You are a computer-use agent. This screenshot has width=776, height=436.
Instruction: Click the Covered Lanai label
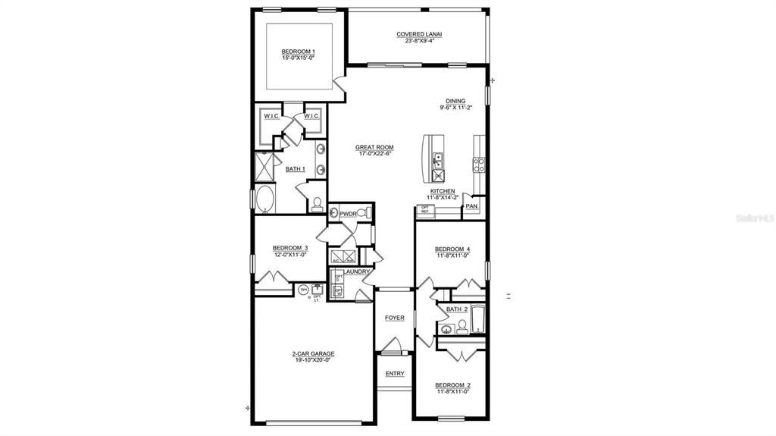click(x=419, y=34)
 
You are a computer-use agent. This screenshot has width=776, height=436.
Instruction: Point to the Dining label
click(x=455, y=101)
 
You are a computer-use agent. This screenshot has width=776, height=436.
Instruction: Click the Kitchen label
click(x=443, y=191)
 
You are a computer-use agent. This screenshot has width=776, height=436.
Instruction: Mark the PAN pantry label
click(x=471, y=205)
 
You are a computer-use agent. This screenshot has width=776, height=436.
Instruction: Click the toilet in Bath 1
click(x=318, y=203)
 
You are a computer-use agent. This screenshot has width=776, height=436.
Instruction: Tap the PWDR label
click(x=348, y=215)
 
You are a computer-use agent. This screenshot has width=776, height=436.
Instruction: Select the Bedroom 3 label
click(x=289, y=248)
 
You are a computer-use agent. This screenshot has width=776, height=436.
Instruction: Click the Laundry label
click(x=356, y=271)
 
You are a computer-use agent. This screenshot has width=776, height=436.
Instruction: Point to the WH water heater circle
click(x=304, y=289)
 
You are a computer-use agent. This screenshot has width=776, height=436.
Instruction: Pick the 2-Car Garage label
click(x=313, y=353)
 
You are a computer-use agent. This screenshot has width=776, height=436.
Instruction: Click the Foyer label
click(x=394, y=318)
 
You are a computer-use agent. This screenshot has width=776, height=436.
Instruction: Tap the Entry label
click(x=395, y=373)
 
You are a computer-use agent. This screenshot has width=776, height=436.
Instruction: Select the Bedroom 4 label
click(x=452, y=249)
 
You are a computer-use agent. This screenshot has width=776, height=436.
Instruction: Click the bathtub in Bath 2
click(x=478, y=318)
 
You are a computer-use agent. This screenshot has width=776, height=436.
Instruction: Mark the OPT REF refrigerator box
click(x=425, y=209)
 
